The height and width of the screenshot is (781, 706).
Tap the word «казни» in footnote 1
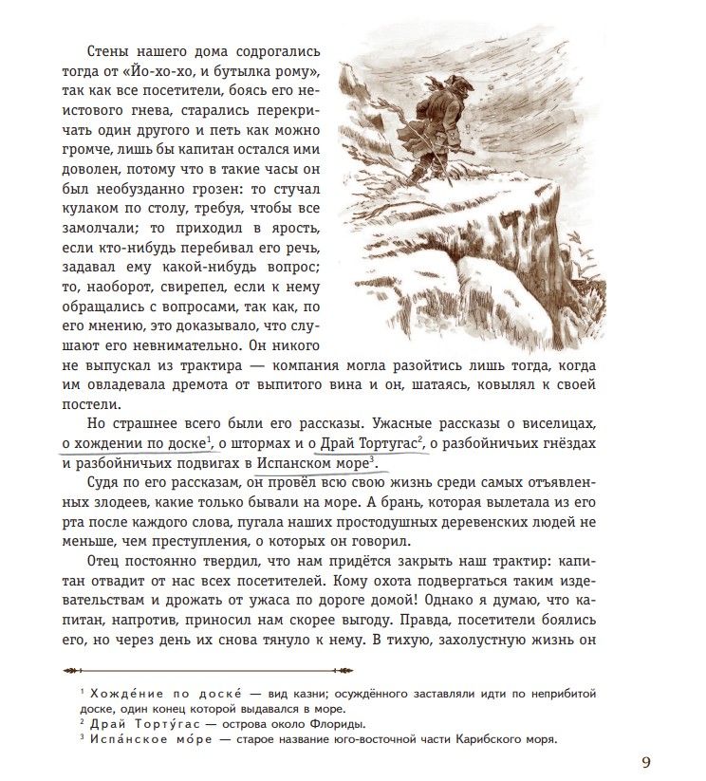[x=312, y=694]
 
